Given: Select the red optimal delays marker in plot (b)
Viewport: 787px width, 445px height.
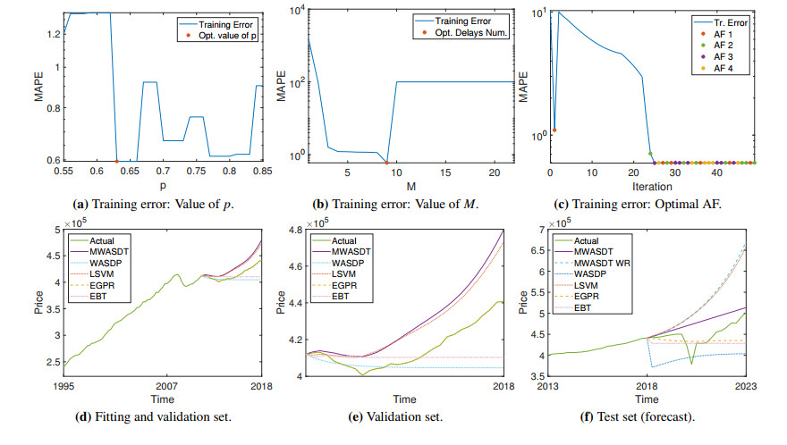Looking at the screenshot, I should coord(386,162).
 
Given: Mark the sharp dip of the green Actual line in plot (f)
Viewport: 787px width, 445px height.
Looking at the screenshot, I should coord(691,364).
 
